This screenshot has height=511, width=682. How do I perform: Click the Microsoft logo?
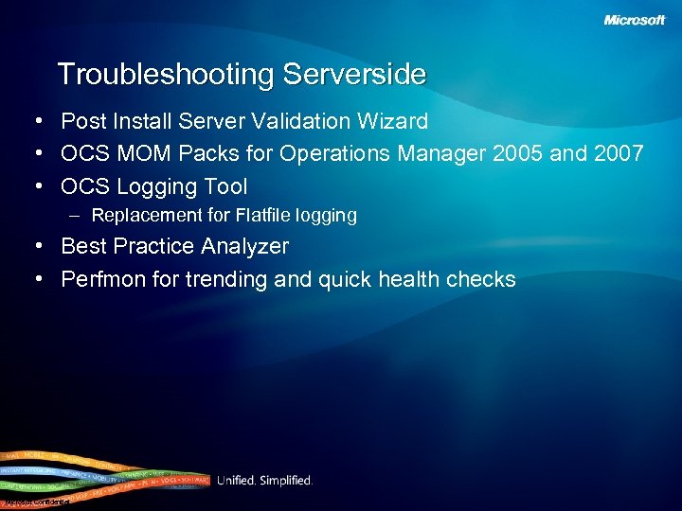click(635, 20)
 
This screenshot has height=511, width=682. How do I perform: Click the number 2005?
click(518, 153)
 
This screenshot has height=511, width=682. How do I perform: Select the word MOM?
click(136, 153)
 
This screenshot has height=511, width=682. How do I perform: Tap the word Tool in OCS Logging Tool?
click(225, 186)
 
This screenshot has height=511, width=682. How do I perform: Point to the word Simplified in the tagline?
click(288, 481)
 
